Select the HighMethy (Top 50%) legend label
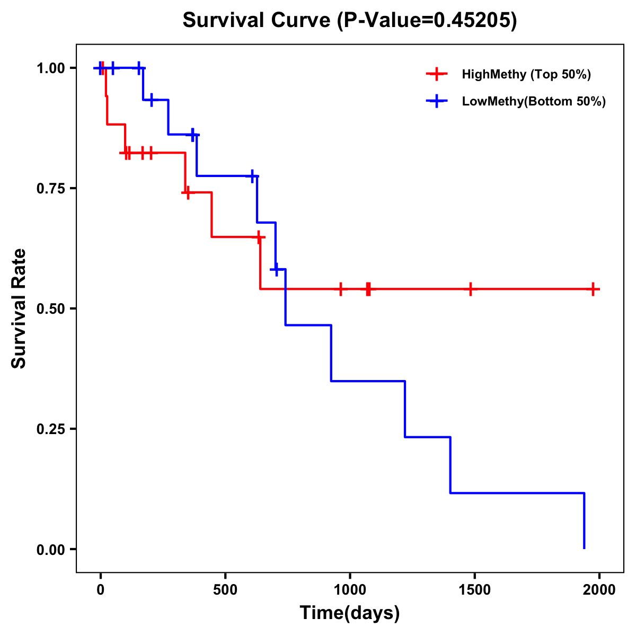(526, 74)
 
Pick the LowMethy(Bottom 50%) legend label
(534, 101)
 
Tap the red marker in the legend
(436, 74)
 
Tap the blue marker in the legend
(436, 101)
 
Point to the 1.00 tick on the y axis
(50, 68)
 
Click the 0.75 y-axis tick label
(50, 188)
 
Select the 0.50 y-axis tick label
(50, 308)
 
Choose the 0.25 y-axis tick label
(50, 429)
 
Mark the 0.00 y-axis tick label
(50, 549)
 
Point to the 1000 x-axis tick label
(350, 590)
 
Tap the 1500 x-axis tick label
(474, 590)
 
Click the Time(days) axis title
(350, 613)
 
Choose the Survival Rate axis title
(19, 308)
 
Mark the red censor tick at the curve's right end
(594, 289)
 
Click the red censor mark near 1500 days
(470, 289)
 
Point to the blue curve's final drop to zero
(584, 522)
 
